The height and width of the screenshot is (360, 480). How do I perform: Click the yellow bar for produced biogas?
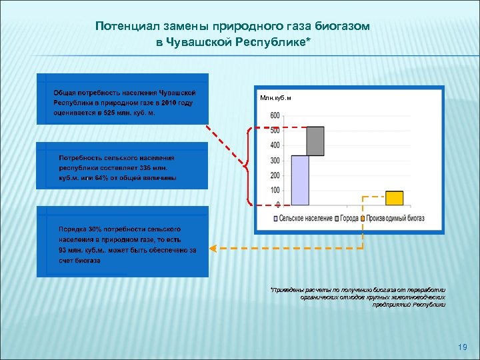coord(394,198)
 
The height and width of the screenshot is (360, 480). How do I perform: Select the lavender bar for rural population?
coord(300,180)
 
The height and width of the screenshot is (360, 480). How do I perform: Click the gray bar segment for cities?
coord(315,141)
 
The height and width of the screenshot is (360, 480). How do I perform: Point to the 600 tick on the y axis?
coord(275,115)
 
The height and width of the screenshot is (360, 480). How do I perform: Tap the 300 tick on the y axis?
coord(275,161)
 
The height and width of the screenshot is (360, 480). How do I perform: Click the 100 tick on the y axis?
coord(275,191)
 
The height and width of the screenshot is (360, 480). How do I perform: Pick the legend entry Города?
coord(349,218)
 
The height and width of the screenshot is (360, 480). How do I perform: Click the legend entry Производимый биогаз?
coord(395,218)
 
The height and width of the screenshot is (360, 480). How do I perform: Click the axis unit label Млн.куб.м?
coord(276,98)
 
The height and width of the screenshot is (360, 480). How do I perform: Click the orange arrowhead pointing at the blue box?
coord(213,249)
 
